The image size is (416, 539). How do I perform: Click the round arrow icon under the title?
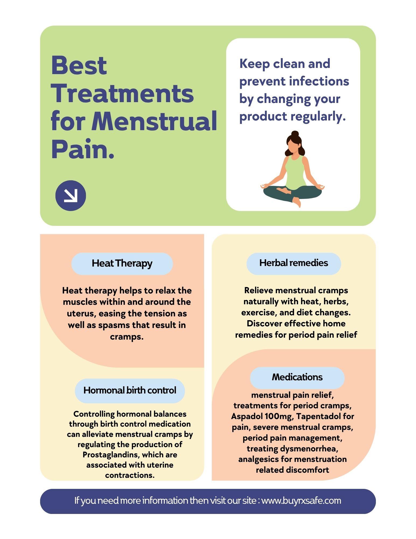pyautogui.click(x=71, y=195)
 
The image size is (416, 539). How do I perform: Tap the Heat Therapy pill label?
pyautogui.click(x=122, y=264)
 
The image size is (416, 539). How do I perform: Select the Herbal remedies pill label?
pyautogui.click(x=293, y=263)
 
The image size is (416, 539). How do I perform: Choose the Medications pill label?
pyautogui.click(x=297, y=377)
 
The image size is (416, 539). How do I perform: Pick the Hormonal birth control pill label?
pyautogui.click(x=130, y=391)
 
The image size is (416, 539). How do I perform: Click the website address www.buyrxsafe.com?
pyautogui.click(x=301, y=501)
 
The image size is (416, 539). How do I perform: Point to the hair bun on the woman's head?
pyautogui.click(x=295, y=133)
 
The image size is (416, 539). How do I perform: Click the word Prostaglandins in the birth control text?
pyautogui.click(x=111, y=455)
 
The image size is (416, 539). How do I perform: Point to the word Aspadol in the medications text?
pyautogui.click(x=247, y=416)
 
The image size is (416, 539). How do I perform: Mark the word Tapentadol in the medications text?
pyautogui.click(x=319, y=416)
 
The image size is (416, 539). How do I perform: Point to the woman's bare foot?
pyautogui.click(x=297, y=202)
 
